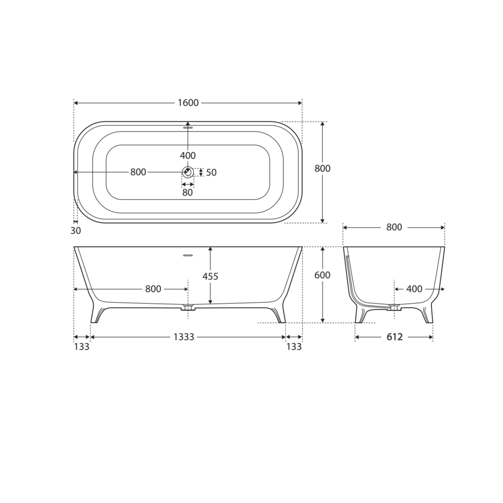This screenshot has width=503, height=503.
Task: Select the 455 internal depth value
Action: coord(210,276)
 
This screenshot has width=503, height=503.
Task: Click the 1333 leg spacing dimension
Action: coord(184,337)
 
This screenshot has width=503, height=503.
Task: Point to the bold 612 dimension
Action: coord(394,337)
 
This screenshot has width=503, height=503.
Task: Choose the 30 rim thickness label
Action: coord(75,231)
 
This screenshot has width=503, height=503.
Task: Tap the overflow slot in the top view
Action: coord(188,128)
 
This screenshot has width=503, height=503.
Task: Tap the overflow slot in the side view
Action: coord(188,255)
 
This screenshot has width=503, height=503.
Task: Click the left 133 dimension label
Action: coord(81,347)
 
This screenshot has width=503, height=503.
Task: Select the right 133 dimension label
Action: coord(294,347)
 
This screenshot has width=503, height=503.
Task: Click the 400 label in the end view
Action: coord(414,289)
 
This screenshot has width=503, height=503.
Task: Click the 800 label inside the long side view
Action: coord(153,289)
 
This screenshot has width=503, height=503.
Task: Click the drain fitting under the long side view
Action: coord(188,308)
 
